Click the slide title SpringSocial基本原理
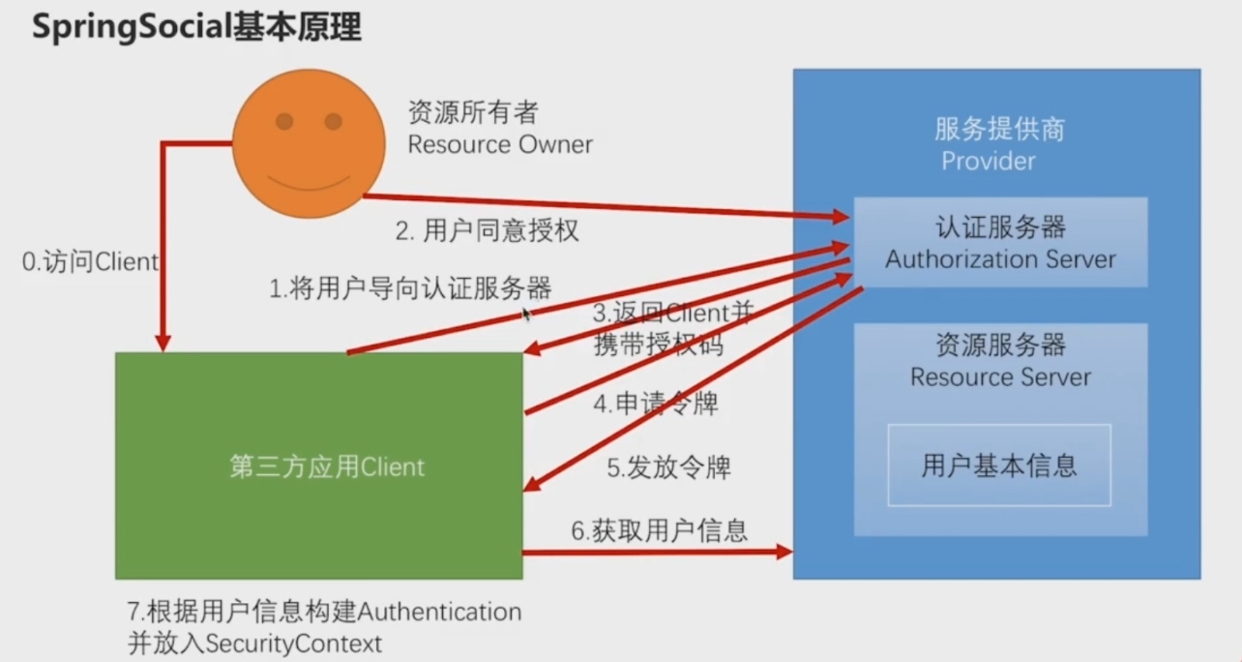pos(196,27)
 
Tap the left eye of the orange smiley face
pos(284,122)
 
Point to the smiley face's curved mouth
pos(309,184)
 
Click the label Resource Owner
pos(500,145)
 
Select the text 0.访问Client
pos(90,261)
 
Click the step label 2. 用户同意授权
pos(487,230)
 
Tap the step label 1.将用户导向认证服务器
pos(410,288)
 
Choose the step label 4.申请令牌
pos(656,404)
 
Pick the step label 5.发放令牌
pos(668,467)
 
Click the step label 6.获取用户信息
pos(660,531)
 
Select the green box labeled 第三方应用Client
pos(319,466)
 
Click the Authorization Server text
pos(1000,259)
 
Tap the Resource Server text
pos(1000,377)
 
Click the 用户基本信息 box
pos(999,465)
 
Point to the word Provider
pos(988,162)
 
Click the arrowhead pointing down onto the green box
pos(163,343)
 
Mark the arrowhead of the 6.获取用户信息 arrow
pos(784,552)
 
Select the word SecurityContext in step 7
pos(293,645)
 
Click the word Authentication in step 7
pos(440,612)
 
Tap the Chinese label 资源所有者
pos(473,112)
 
